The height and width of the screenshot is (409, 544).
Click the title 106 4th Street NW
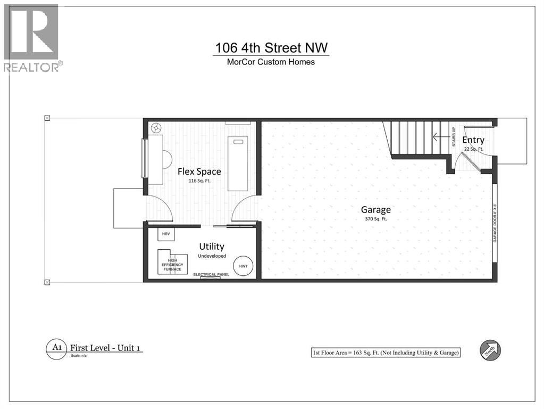(272, 48)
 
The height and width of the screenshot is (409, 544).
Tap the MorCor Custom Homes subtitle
(272, 62)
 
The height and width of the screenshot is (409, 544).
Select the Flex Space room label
(199, 171)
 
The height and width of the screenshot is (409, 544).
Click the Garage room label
(376, 209)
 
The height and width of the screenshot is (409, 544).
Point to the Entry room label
(473, 140)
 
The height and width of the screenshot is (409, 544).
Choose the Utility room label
(211, 247)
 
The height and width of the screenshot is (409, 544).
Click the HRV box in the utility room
(165, 234)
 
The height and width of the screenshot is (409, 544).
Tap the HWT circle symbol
(243, 266)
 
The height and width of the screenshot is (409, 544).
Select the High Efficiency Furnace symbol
(172, 261)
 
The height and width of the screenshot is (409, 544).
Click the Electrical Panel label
(206, 274)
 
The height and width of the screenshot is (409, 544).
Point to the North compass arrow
(490, 350)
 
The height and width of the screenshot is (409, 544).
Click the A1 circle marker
(56, 349)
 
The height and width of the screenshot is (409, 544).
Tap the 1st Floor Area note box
(386, 353)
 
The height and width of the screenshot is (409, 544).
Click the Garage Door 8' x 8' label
(495, 224)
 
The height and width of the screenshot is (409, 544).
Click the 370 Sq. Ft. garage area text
(376, 219)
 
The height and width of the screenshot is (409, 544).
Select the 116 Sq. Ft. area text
(199, 181)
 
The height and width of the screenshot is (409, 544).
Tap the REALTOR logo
(31, 37)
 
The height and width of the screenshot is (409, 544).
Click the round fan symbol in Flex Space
(156, 128)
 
